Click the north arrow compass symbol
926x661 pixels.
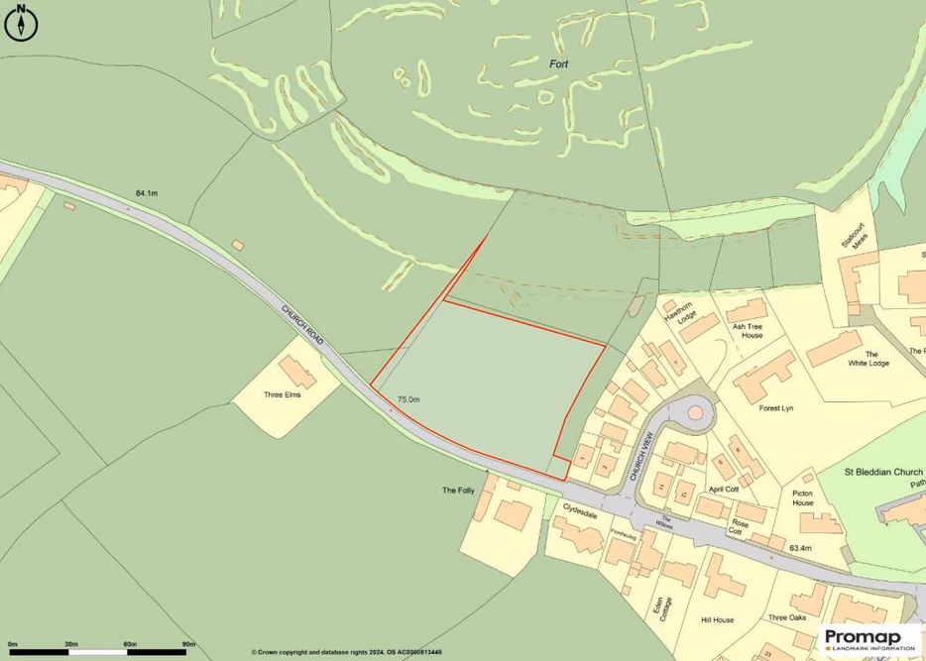point(20,23)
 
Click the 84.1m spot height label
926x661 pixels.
point(146,193)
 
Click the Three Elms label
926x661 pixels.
point(281,394)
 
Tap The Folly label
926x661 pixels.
point(459,491)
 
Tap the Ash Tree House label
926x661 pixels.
point(747,330)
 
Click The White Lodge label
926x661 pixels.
point(870,359)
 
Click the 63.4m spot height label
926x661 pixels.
point(800,548)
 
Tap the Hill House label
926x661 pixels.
point(716,620)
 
